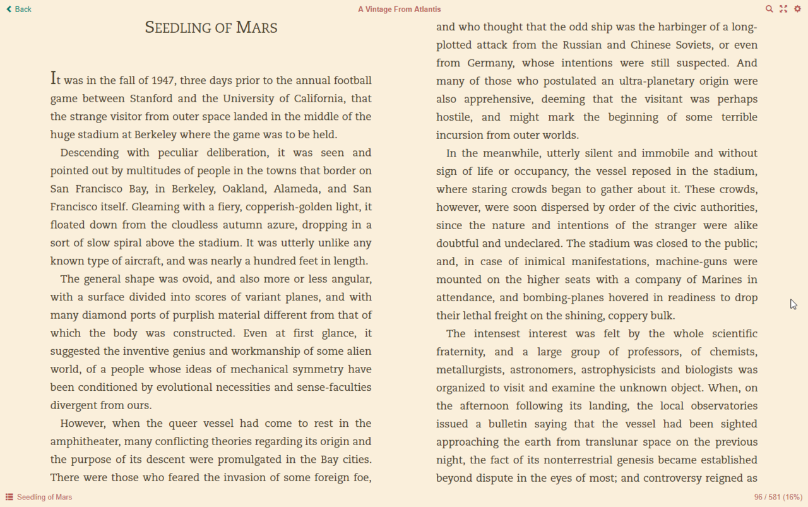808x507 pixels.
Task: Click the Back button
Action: tap(19, 9)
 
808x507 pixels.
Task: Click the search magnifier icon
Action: tap(769, 9)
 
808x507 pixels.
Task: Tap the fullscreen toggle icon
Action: tap(783, 9)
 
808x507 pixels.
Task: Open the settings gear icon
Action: tap(797, 9)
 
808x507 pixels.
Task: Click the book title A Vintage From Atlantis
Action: tap(399, 9)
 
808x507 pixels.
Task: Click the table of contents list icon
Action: tap(9, 497)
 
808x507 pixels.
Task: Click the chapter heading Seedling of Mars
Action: tap(211, 28)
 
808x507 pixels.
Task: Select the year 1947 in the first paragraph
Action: tap(162, 80)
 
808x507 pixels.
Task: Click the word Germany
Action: tap(490, 63)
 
